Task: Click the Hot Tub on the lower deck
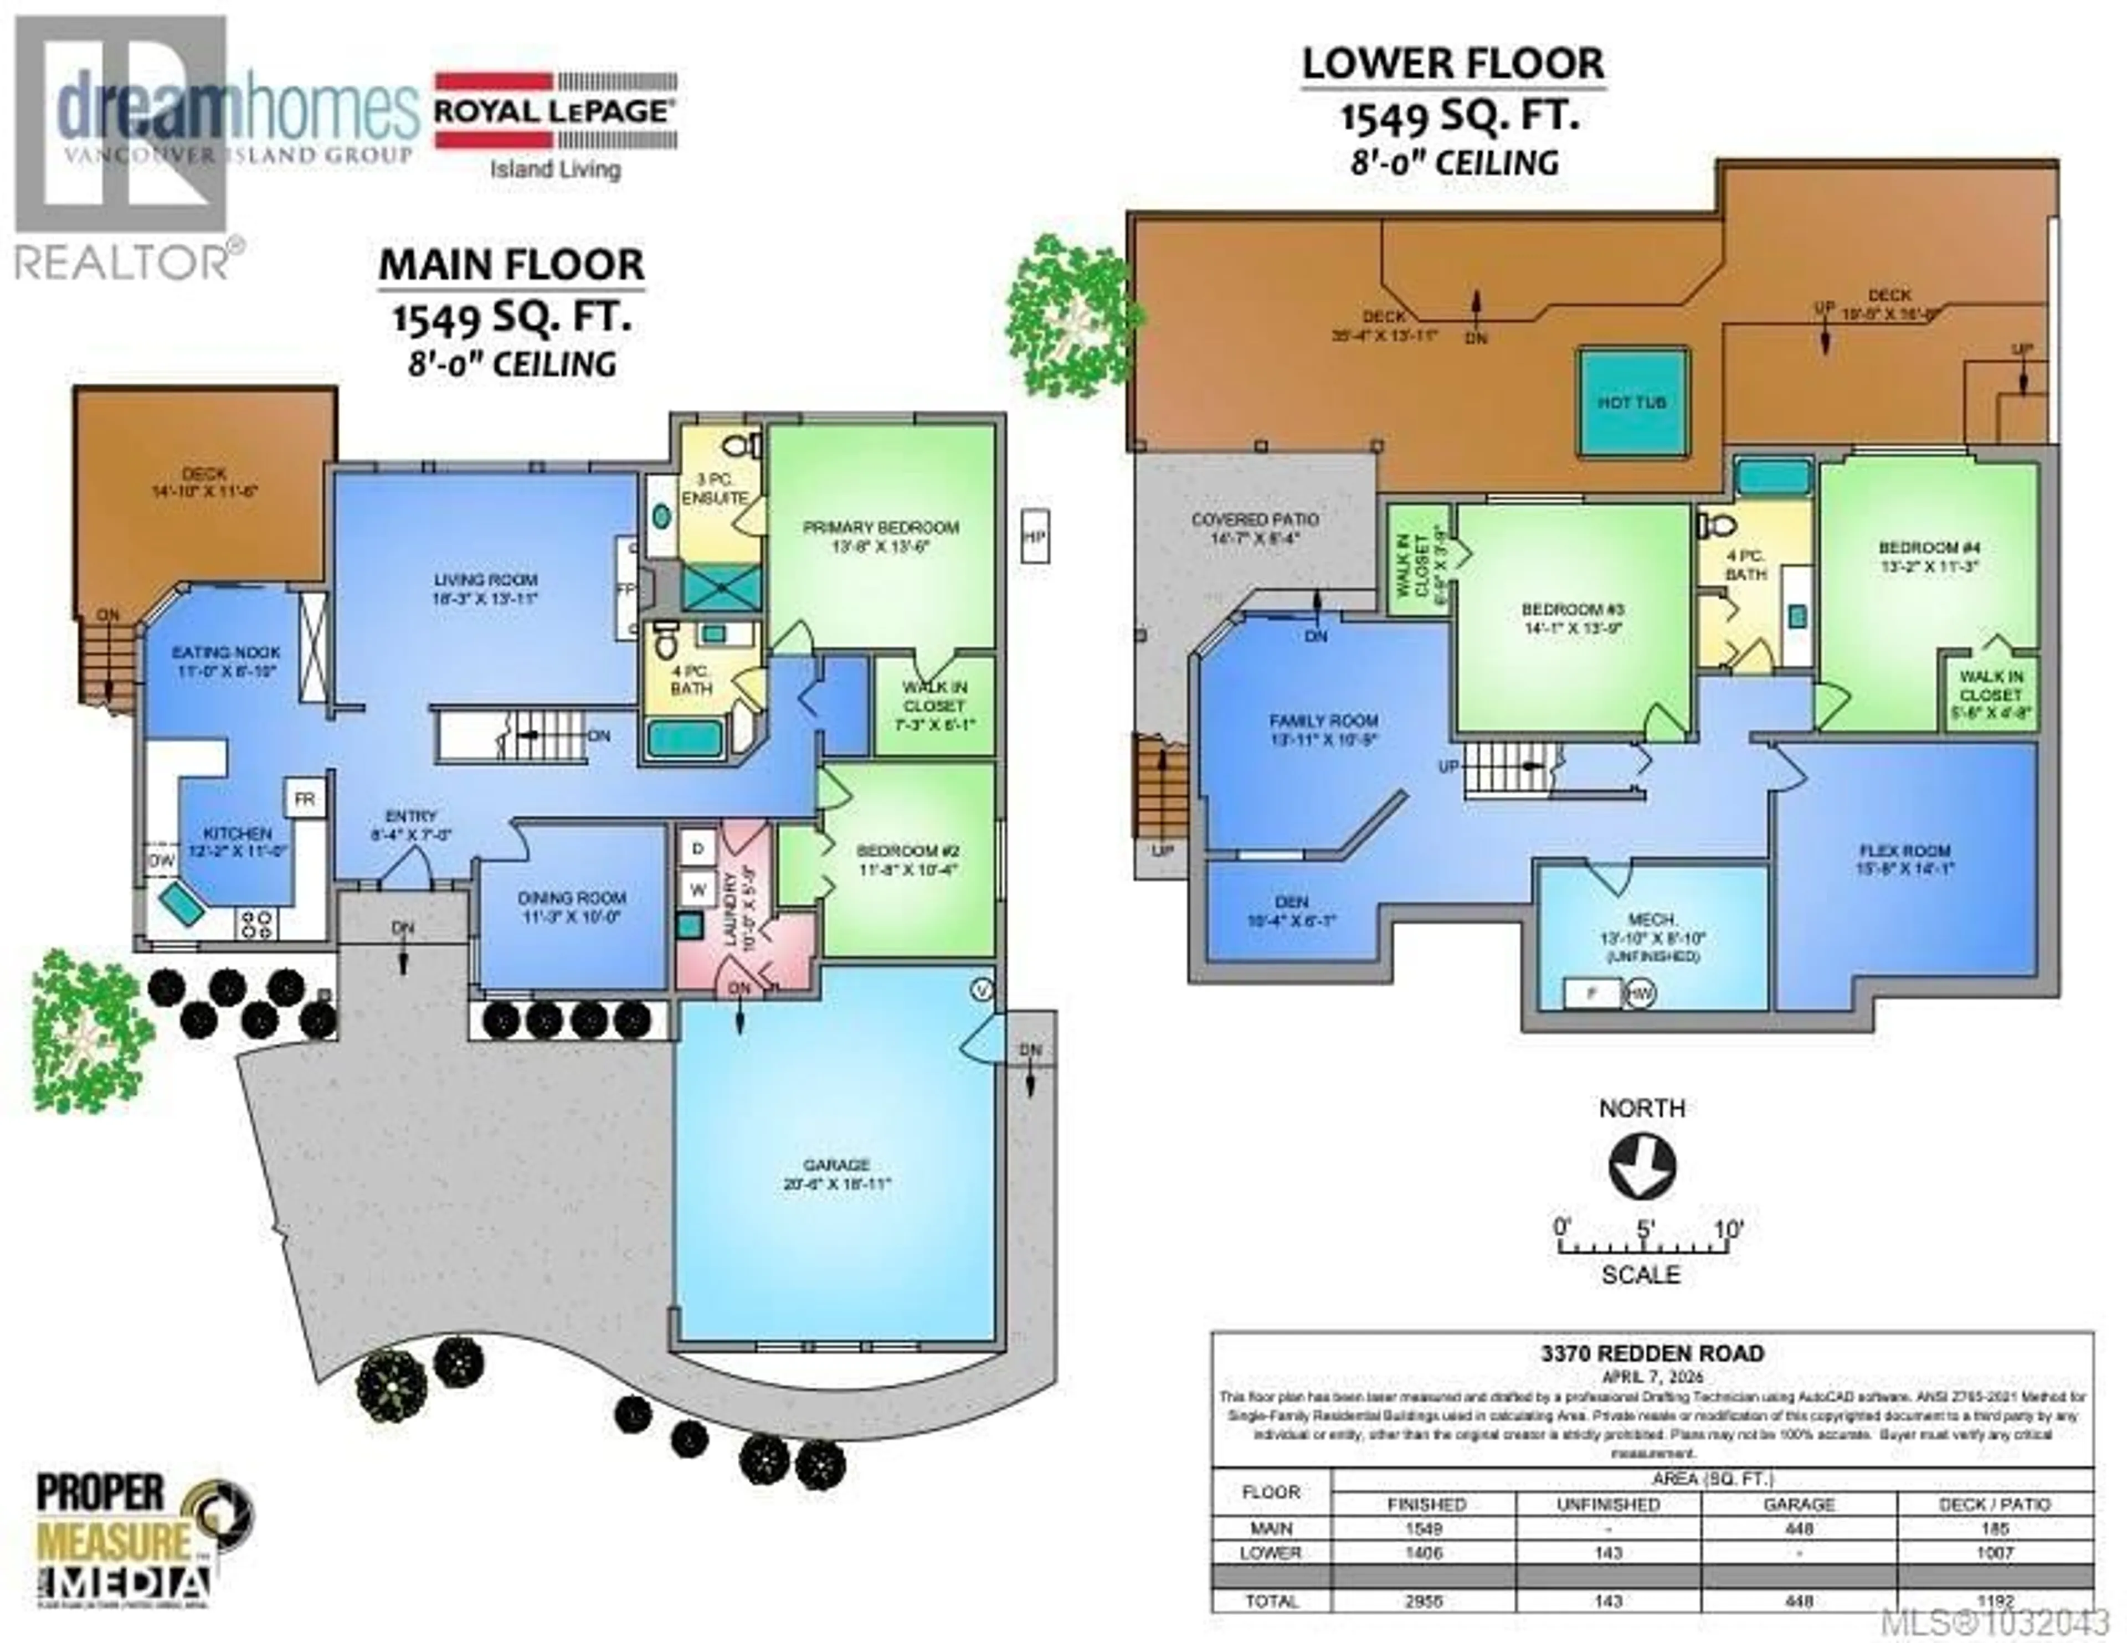point(1631,401)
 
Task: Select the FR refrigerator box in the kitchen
point(304,799)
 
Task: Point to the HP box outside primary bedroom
point(1034,535)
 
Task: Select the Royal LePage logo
point(554,123)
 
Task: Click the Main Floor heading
point(511,265)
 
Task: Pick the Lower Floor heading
point(1453,63)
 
